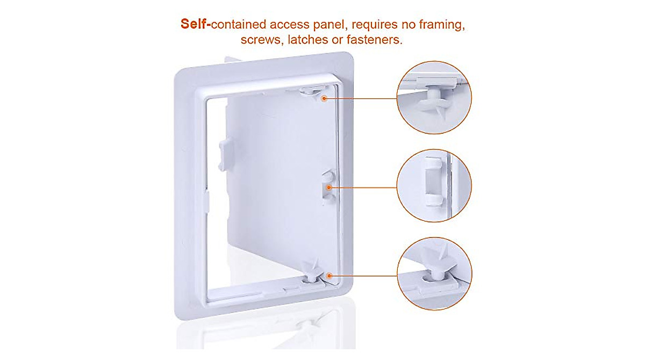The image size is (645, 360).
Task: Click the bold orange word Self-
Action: pos(196,25)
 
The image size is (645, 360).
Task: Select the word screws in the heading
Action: pos(261,40)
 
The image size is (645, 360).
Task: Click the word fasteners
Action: pos(374,40)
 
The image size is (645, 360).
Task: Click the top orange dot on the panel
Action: pos(325,99)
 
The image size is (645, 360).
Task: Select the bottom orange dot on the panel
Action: pos(328,275)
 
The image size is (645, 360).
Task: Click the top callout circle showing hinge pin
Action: pos(434,98)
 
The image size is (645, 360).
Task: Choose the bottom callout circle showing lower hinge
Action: pos(434,275)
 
